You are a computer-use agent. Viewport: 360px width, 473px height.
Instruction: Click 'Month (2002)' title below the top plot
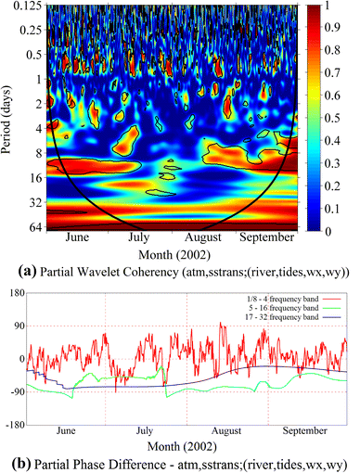pos(170,253)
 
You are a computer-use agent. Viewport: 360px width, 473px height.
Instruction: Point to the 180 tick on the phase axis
pos(14,293)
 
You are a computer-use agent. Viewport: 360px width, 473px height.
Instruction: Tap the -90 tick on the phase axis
pos(14,392)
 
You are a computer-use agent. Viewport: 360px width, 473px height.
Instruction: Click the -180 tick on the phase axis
pos(12,426)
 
